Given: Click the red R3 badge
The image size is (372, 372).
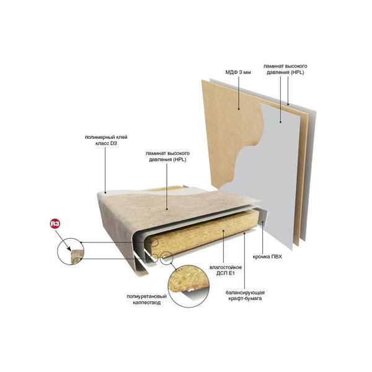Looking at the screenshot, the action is (55, 224).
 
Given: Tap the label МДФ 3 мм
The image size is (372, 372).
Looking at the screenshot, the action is (238, 72).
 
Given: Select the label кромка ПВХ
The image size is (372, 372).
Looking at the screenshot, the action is (267, 257).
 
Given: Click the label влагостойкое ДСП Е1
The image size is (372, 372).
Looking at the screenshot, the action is (226, 270).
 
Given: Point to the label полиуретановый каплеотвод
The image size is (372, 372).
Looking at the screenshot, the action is (146, 299).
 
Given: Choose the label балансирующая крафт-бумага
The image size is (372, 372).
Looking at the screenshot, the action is (245, 295).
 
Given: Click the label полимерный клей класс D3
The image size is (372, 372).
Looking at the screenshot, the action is (106, 140).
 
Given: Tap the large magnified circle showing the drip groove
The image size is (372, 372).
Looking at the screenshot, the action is (188, 286).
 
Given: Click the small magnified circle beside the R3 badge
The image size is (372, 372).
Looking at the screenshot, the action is (71, 251).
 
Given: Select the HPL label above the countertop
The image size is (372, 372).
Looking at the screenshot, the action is (167, 156).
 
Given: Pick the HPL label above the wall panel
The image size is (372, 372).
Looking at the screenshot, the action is (285, 69).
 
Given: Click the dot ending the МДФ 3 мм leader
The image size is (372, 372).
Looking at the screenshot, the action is (239, 109).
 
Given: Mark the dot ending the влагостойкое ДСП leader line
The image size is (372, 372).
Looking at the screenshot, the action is (223, 230).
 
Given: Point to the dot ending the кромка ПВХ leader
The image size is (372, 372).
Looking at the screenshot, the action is (263, 222).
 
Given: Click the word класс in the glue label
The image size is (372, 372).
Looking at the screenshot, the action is (99, 144).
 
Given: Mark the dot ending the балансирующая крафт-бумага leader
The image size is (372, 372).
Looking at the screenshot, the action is (245, 233).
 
